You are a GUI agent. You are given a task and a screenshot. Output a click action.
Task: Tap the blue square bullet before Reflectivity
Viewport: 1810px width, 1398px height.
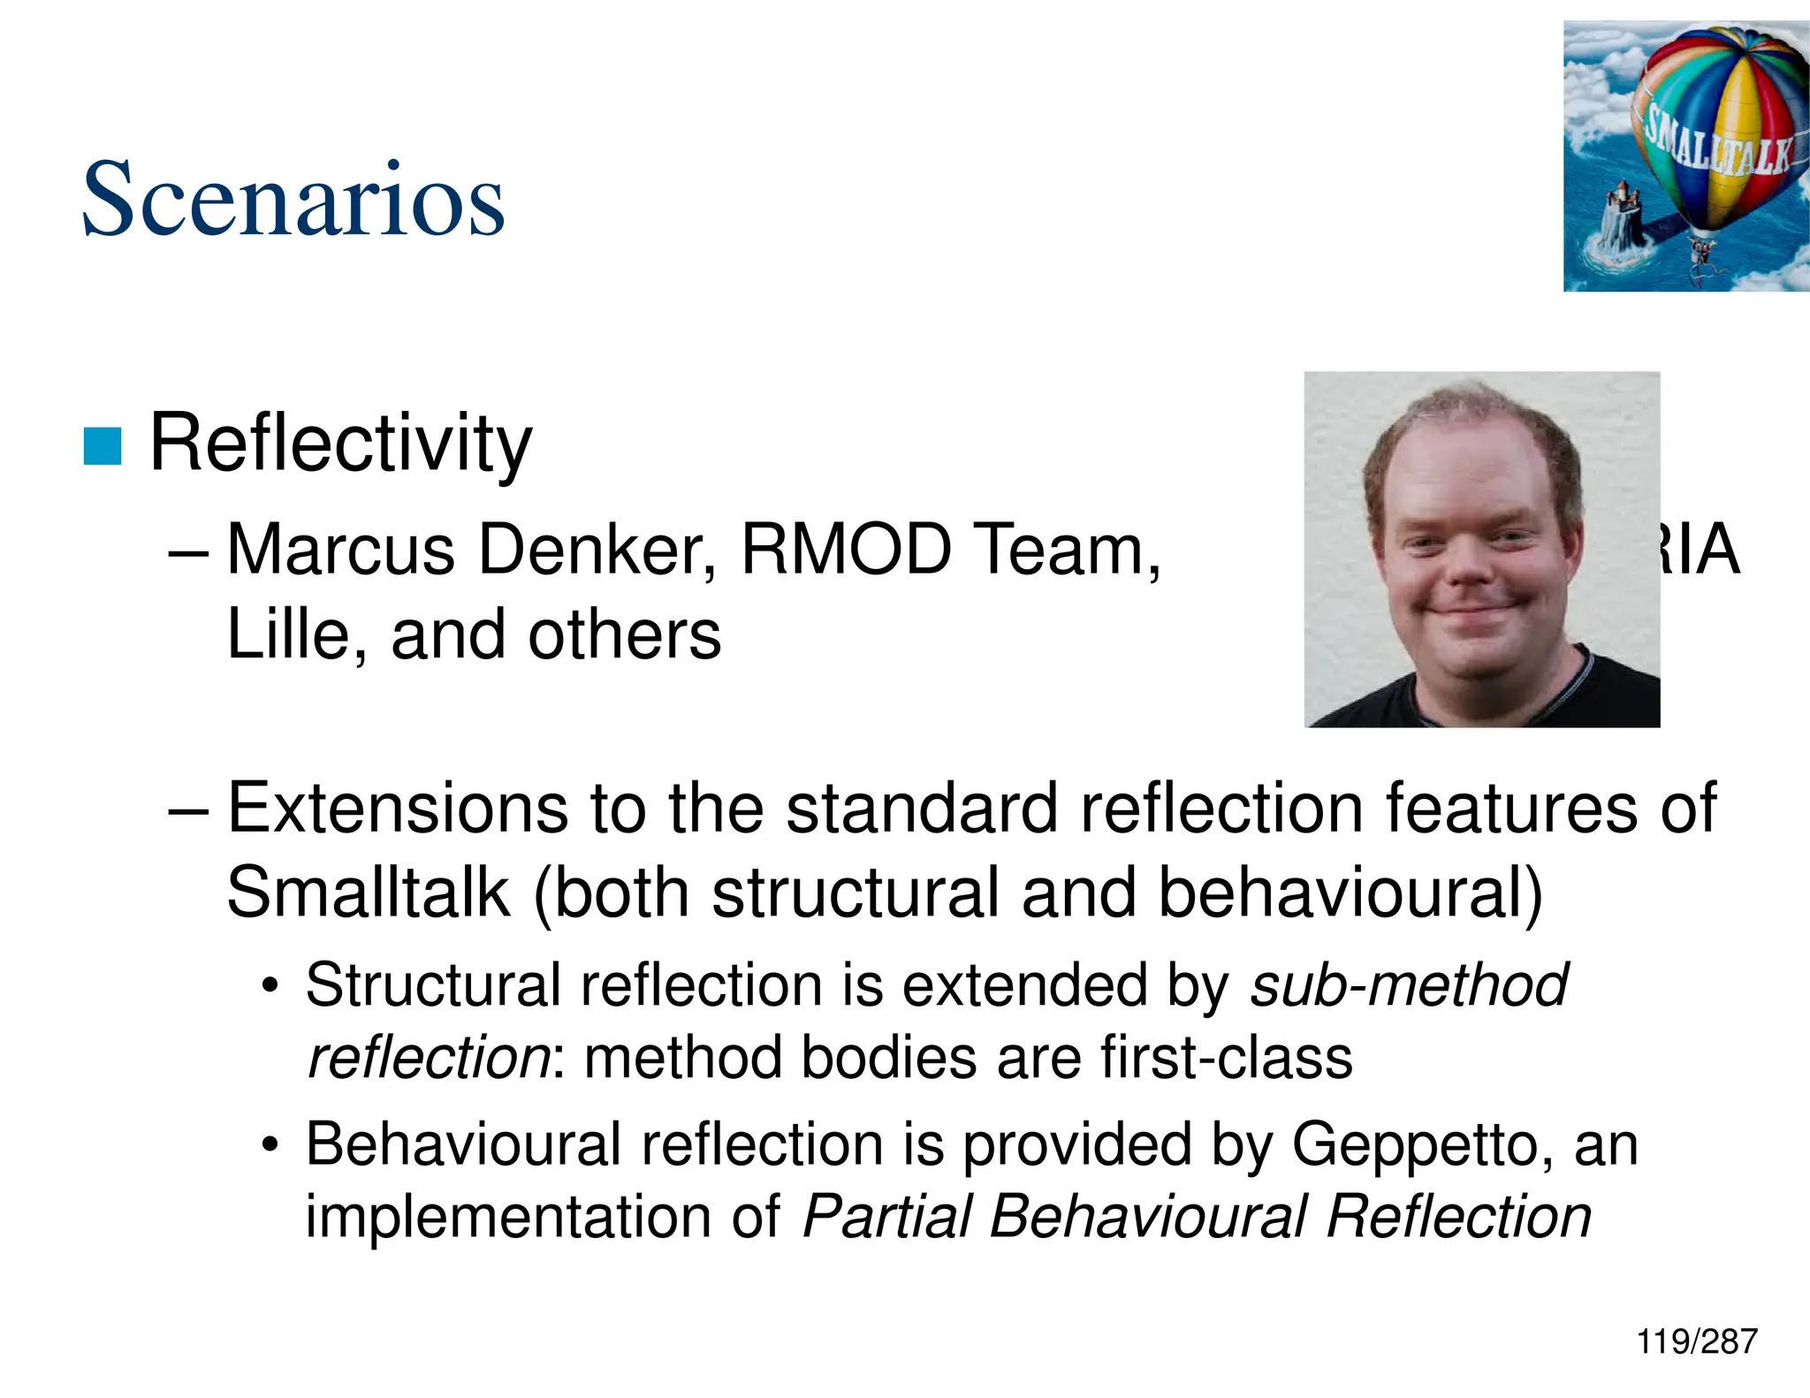tap(102, 446)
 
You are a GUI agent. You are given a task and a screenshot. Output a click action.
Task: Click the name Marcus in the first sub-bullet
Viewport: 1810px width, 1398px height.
tap(341, 550)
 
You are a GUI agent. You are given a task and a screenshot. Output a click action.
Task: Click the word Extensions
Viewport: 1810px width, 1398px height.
tap(398, 808)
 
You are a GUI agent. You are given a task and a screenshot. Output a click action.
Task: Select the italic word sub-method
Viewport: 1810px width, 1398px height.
tap(1409, 984)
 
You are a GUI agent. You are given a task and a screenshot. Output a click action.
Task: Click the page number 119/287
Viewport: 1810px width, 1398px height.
tap(1696, 1341)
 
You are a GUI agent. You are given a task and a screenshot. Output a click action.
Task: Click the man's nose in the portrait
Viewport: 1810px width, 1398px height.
tap(1470, 566)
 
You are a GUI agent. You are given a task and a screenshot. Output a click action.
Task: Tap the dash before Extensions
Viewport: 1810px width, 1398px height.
tap(187, 809)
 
